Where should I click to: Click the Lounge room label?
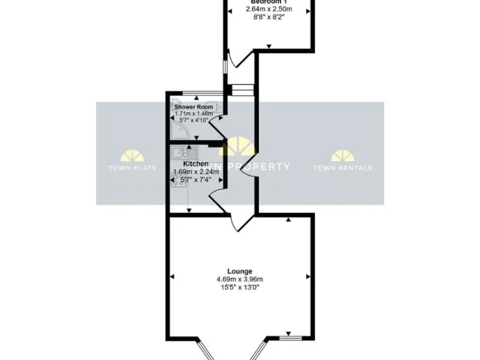pos(240,271)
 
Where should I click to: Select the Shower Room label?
pos(194,107)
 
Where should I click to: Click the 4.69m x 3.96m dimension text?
pos(240,279)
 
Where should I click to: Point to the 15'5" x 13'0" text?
pos(240,287)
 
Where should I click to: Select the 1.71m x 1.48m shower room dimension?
pos(194,114)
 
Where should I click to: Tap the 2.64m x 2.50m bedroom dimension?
pos(269,9)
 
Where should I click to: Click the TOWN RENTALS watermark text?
pos(342,167)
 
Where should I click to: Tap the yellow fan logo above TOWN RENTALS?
pos(342,156)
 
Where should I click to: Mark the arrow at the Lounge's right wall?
pos(307,276)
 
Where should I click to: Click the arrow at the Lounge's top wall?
pos(289,219)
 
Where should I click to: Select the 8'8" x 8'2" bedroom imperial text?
pos(269,18)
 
